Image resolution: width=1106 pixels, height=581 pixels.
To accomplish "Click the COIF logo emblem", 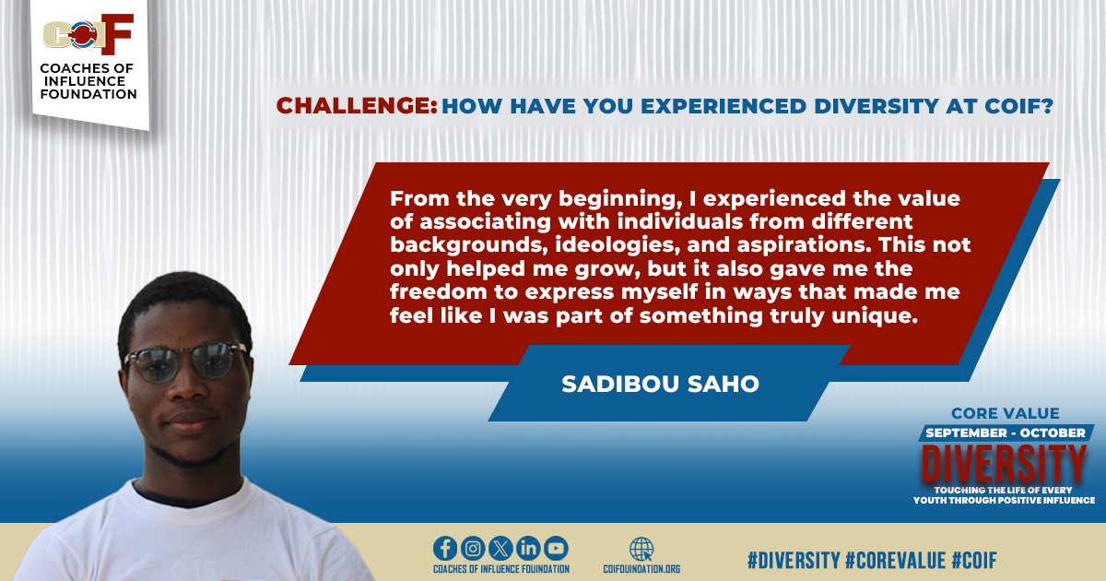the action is (x=88, y=34).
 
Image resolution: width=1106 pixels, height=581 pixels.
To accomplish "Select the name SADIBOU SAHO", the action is (x=660, y=384).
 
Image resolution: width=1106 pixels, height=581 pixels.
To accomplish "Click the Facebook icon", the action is (x=445, y=549).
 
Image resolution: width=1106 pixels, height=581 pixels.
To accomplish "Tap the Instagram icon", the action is (x=473, y=549).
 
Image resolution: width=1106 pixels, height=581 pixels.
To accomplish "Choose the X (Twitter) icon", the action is (x=500, y=549).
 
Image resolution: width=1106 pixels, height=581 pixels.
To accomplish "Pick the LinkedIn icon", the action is (x=528, y=549).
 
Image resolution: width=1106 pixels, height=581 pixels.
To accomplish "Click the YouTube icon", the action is (x=556, y=549).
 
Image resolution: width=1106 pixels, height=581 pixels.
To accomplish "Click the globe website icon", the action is (x=641, y=550).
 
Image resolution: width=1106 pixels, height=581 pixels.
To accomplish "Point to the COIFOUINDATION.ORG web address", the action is (x=641, y=569).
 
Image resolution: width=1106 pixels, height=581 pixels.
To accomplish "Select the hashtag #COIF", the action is (x=974, y=561).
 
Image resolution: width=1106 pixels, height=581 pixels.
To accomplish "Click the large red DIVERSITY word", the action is (x=1004, y=463).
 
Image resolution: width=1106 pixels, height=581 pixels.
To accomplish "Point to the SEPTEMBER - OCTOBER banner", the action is (x=1006, y=433).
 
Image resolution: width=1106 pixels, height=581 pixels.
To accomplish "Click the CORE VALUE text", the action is (x=1006, y=413).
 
